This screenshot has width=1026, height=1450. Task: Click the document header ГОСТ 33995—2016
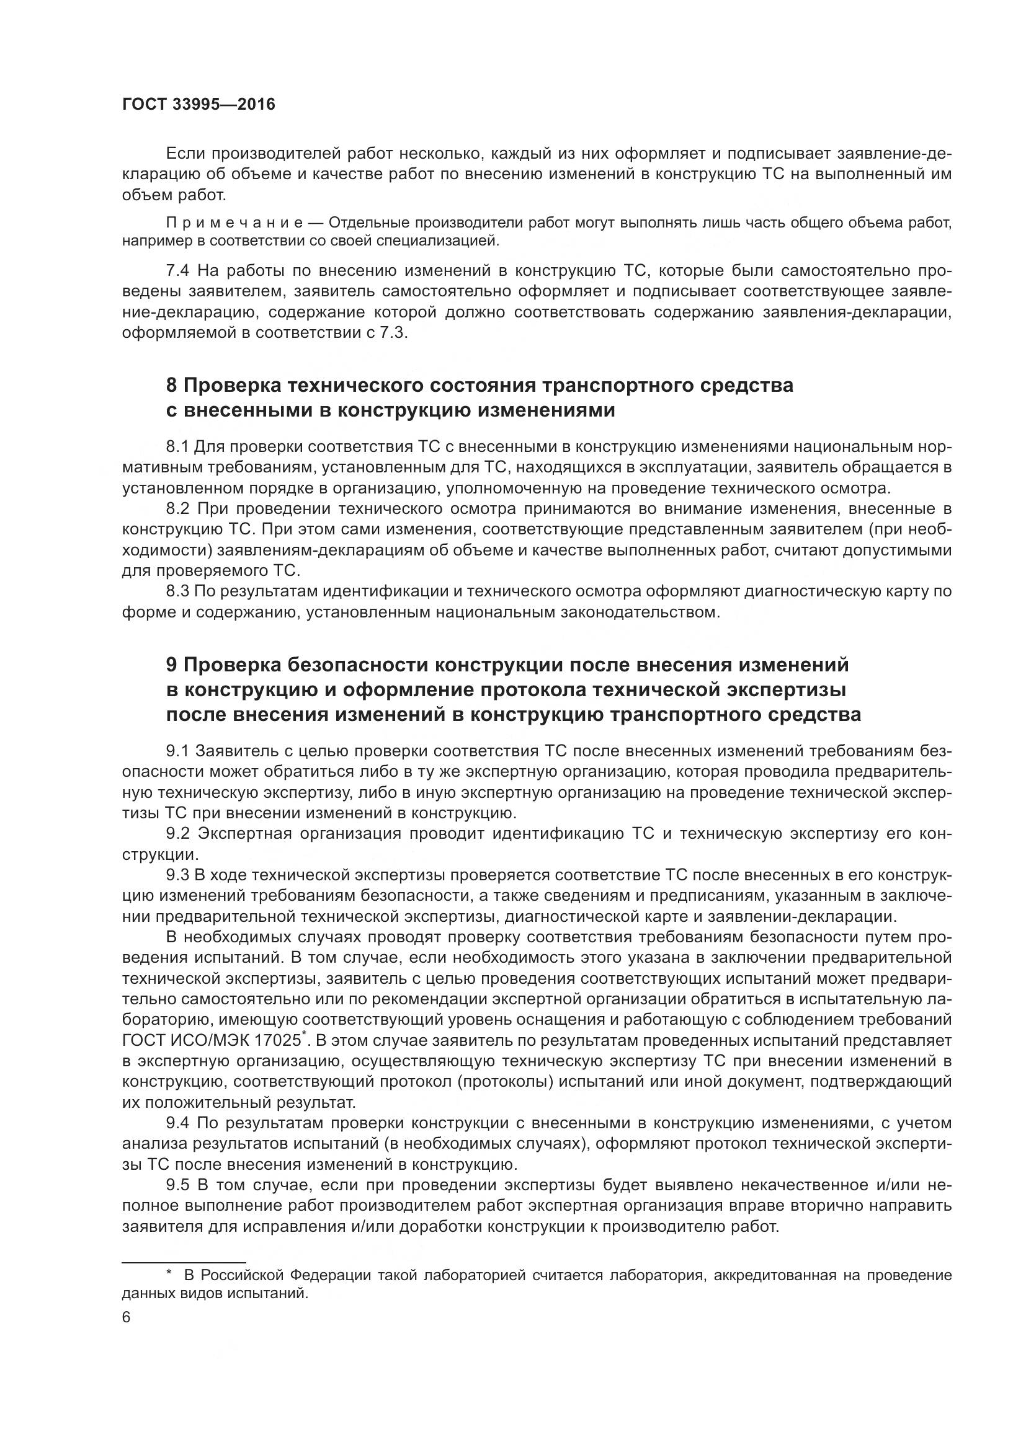[x=199, y=105]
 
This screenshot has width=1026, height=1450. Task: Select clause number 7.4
[x=177, y=272]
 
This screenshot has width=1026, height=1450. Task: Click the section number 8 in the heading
[x=171, y=385]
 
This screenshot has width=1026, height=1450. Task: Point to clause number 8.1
[x=177, y=447]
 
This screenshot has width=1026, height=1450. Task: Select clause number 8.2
[x=177, y=509]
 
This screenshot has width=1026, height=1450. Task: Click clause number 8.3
[x=177, y=591]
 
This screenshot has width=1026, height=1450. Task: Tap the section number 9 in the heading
[x=171, y=665]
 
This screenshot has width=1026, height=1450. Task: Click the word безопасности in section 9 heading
[x=357, y=665]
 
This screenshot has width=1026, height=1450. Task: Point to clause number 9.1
[x=177, y=751]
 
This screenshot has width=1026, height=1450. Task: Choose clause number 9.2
[x=177, y=834]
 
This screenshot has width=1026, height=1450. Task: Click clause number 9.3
[x=177, y=875]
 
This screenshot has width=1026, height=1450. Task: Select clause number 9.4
[x=177, y=1123]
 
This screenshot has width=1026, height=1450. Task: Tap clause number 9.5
[x=177, y=1185]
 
